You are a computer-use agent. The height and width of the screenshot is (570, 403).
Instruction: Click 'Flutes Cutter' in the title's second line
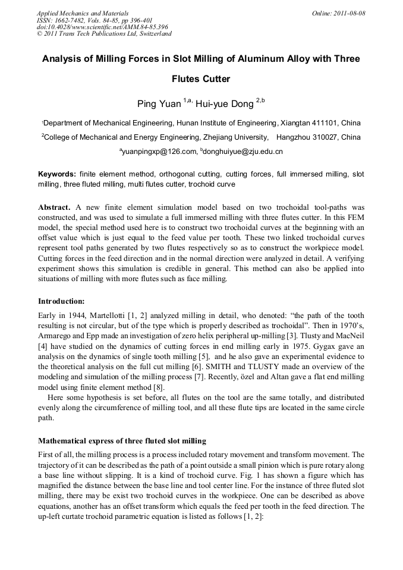coord(201,78)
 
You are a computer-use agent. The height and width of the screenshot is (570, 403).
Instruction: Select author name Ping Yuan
coord(159,105)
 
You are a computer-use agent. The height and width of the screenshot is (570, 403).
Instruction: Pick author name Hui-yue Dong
coord(230,105)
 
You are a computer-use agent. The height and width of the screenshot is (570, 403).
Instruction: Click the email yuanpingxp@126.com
coord(160,152)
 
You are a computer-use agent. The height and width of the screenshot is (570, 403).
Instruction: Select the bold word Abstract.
coord(55,207)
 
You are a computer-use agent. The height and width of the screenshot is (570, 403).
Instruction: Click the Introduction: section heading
coord(61,301)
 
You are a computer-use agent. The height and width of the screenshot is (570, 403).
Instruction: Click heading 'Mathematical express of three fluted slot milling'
coord(122,442)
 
